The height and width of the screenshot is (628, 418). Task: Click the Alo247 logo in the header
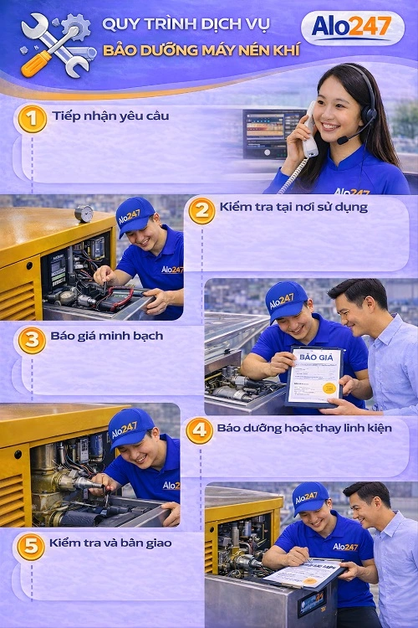(x=352, y=28)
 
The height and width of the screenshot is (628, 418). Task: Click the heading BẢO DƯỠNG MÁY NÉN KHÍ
(x=201, y=52)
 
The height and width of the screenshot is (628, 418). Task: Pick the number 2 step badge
(x=201, y=211)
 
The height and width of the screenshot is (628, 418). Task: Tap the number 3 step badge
(x=32, y=340)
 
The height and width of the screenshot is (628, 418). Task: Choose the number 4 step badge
(x=199, y=431)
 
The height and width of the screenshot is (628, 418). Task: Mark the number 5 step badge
(x=30, y=547)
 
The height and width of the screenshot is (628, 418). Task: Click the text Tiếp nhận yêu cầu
(x=110, y=116)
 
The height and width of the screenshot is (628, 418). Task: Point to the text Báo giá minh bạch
(x=106, y=336)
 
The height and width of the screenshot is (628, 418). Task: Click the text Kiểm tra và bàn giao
(x=110, y=543)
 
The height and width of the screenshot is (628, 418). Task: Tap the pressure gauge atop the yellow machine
(x=84, y=214)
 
